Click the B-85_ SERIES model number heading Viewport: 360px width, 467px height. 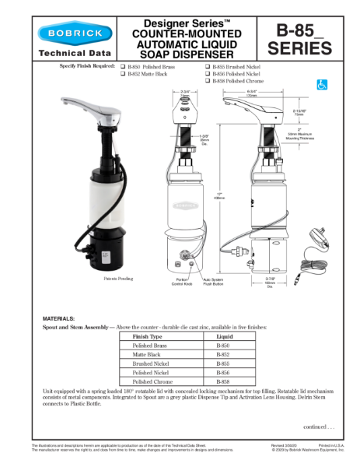tap(299, 40)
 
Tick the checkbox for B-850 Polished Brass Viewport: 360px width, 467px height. tap(123, 68)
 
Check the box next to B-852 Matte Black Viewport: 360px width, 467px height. tap(123, 74)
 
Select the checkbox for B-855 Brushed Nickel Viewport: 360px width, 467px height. tap(208, 68)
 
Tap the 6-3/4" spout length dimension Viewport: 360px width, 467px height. tap(252, 93)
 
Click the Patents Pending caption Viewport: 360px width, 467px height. tap(119, 278)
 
